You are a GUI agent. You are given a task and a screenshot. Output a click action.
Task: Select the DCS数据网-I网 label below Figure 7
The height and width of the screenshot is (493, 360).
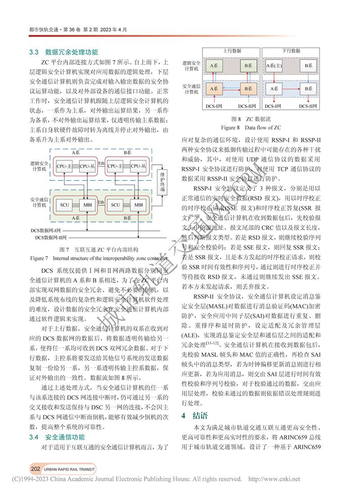click(45, 230)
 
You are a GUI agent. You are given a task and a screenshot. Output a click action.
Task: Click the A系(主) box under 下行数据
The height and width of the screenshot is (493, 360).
click(274, 66)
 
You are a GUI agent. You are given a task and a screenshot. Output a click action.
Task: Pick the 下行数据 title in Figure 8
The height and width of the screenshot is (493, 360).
click(291, 51)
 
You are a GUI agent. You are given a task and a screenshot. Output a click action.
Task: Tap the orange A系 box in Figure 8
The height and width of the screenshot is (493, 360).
click(215, 89)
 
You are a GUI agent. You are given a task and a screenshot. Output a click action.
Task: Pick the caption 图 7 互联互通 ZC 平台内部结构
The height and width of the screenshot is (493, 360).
click(99, 249)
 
